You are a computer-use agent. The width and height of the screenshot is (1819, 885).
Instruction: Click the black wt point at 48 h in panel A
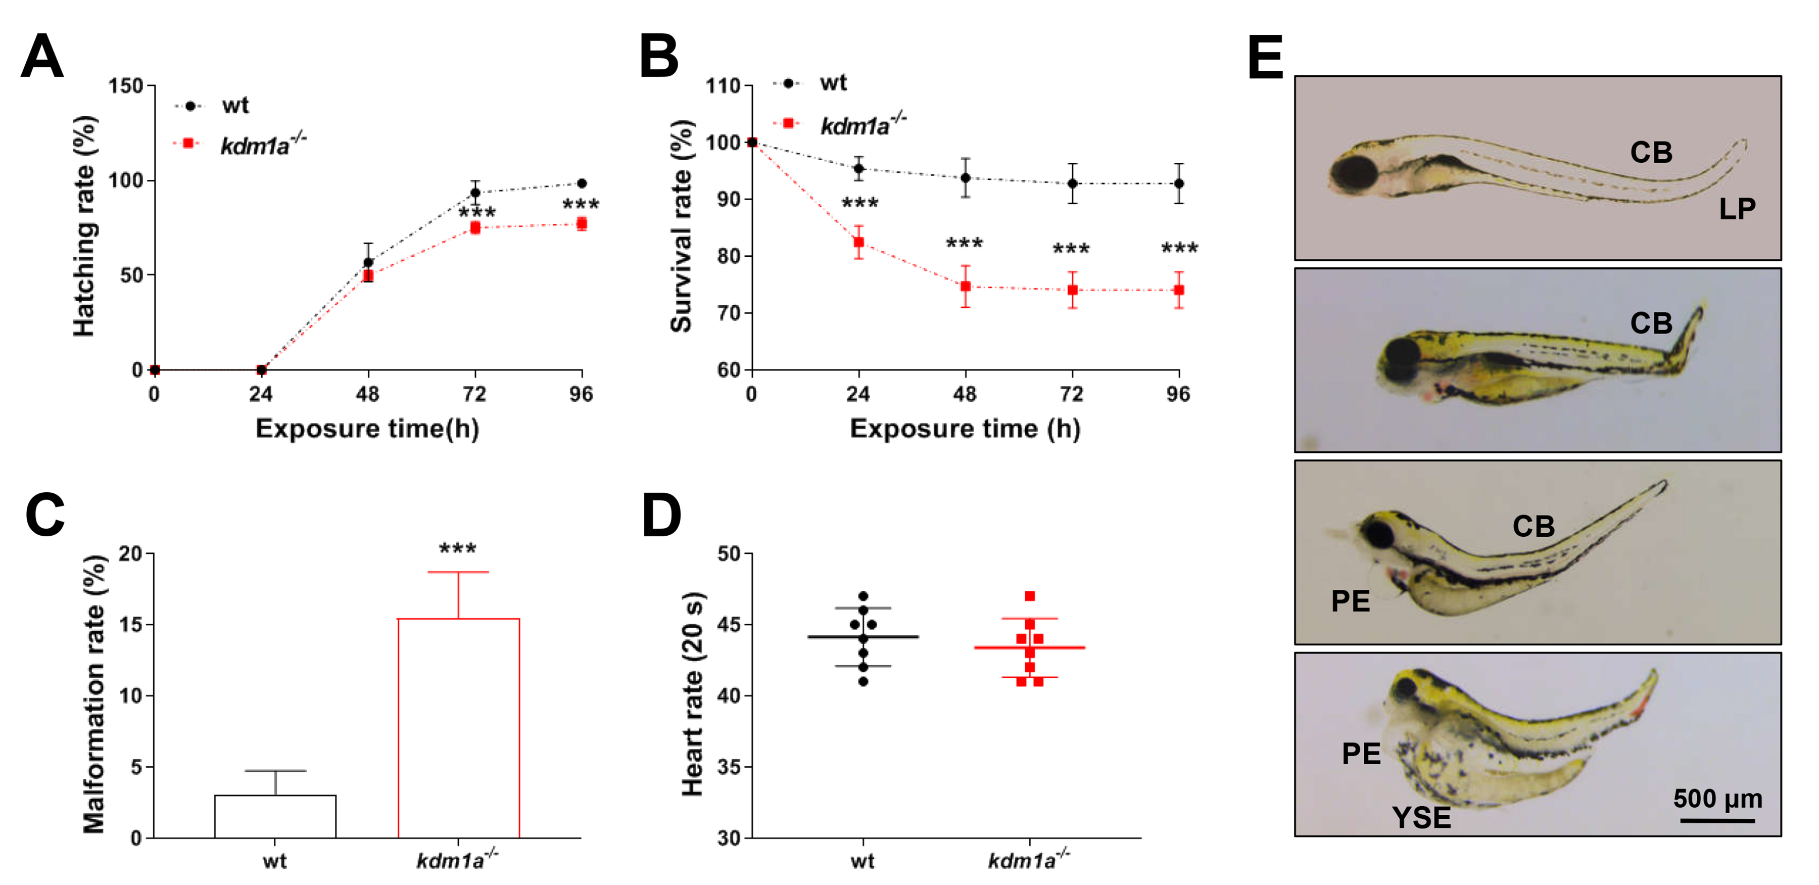pos(368,262)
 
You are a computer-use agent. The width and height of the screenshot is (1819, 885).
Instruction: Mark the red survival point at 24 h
pos(858,242)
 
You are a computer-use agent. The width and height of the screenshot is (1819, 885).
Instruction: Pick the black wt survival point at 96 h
pos(1178,183)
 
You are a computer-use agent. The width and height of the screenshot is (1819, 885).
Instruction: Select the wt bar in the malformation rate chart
pos(275,816)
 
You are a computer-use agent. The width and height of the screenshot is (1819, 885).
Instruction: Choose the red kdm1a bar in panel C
pos(458,727)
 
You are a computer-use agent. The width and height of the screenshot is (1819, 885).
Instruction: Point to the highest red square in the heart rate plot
pos(1030,596)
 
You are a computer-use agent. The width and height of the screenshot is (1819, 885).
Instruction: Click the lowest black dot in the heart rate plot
pos(863,681)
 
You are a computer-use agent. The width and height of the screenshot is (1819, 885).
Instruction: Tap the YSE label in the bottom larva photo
pos(1421,818)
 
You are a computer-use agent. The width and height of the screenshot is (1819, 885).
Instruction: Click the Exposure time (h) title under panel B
pos(965,429)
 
